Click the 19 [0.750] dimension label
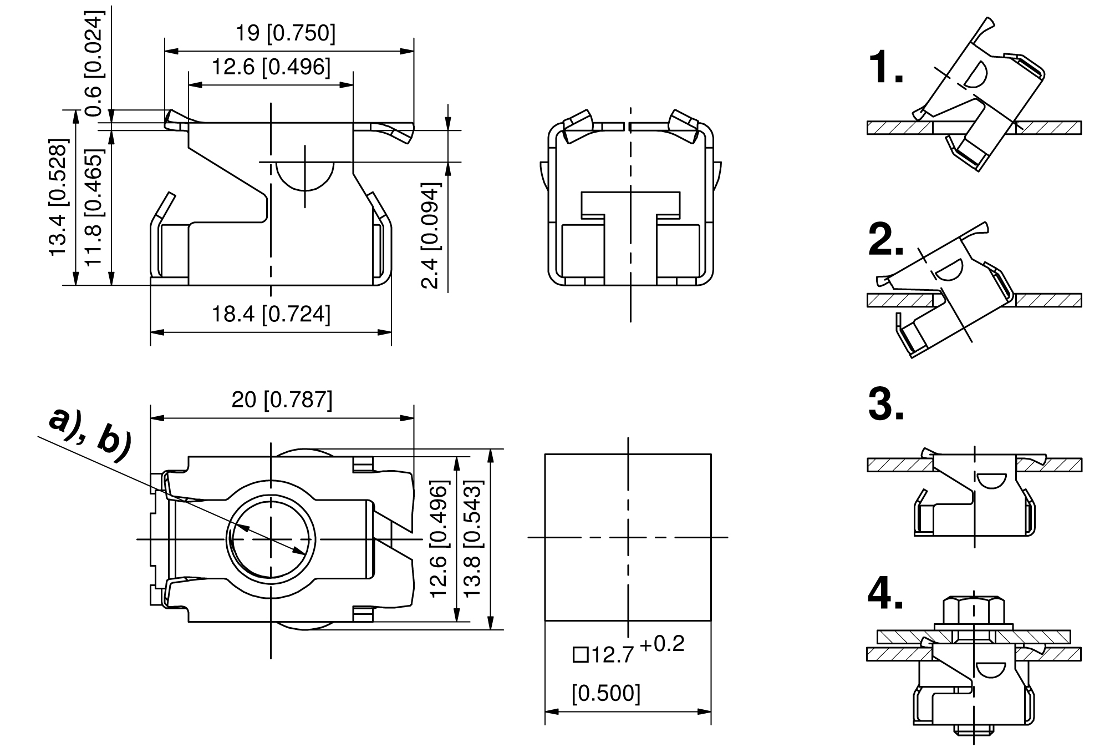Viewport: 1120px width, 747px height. click(x=286, y=33)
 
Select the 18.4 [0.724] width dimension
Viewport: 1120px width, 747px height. click(x=271, y=314)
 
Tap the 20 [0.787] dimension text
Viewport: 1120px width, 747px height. click(x=282, y=400)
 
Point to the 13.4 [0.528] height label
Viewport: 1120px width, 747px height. click(x=59, y=198)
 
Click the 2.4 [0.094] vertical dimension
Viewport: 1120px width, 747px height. click(x=431, y=235)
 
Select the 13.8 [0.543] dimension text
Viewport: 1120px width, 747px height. click(x=474, y=538)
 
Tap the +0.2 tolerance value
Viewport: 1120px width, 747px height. click(x=662, y=644)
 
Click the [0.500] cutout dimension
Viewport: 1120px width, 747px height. click(x=606, y=693)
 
